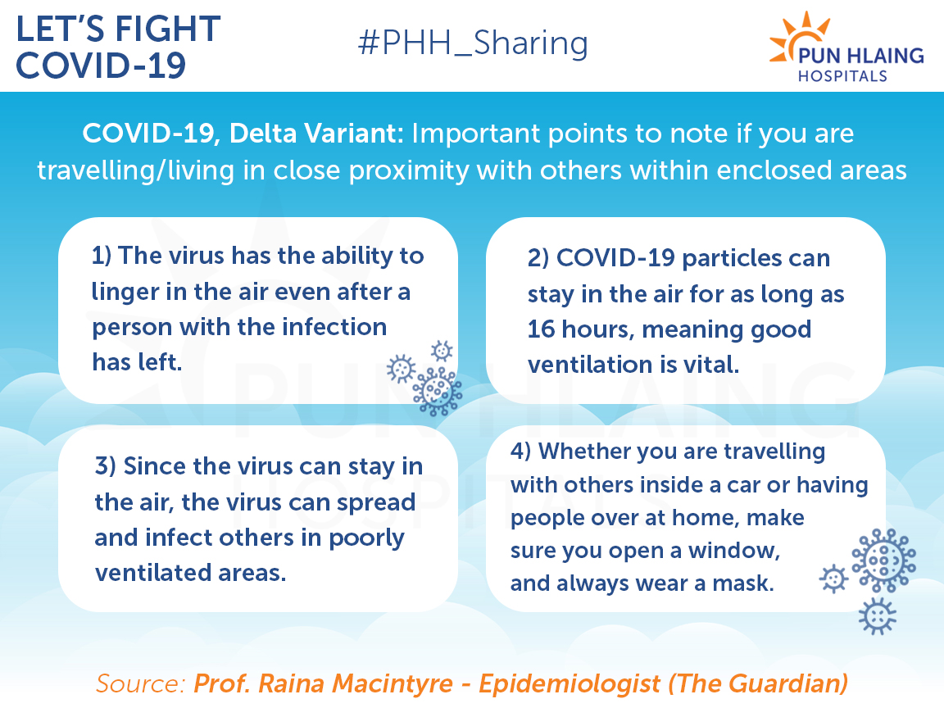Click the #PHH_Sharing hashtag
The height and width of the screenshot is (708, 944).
click(x=473, y=43)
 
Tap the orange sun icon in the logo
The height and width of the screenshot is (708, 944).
click(x=796, y=38)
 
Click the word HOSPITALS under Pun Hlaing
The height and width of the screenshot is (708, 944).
click(x=842, y=76)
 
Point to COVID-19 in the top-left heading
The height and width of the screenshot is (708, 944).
click(x=101, y=66)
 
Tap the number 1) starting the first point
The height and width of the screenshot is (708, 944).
click(x=101, y=256)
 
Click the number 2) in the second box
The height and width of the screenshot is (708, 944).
click(x=538, y=258)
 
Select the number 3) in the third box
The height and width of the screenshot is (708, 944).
click(x=106, y=466)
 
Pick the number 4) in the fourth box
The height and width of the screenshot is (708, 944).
click(x=521, y=451)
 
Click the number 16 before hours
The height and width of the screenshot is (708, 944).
click(x=541, y=329)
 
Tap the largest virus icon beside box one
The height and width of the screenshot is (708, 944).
click(x=437, y=392)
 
